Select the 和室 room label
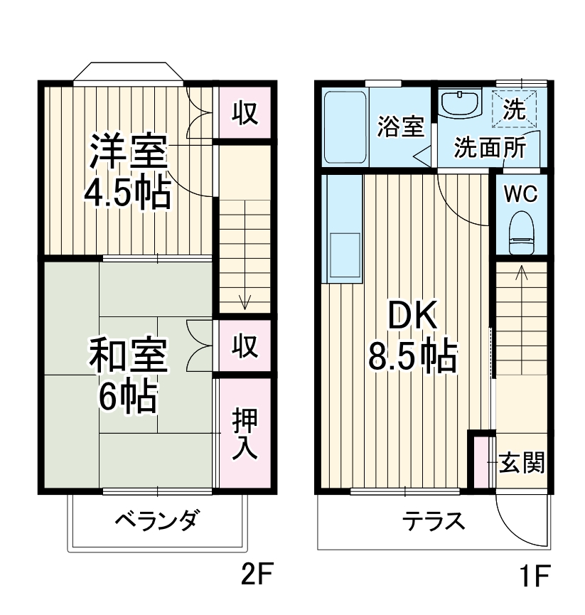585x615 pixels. [128, 358]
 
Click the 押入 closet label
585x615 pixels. [245, 434]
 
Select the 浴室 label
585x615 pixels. [400, 127]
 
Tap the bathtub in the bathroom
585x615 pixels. [345, 127]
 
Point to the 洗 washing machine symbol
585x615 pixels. [515, 109]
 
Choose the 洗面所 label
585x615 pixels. [490, 147]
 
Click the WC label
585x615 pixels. [521, 194]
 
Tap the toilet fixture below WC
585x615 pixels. [521, 234]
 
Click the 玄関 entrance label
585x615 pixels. [522, 463]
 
